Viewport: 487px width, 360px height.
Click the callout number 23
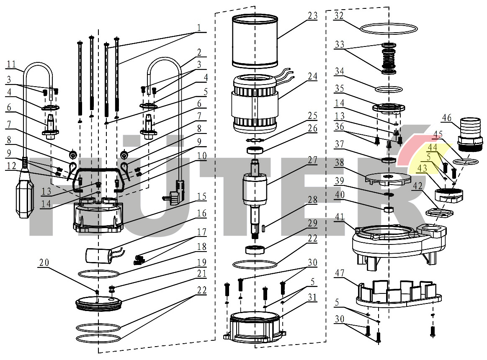click(313, 15)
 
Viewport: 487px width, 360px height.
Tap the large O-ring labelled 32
click(389, 28)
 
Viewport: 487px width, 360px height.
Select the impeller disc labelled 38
click(387, 178)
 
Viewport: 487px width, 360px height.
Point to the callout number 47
click(339, 273)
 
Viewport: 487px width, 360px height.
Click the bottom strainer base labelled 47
click(398, 293)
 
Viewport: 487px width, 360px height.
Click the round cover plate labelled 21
click(98, 302)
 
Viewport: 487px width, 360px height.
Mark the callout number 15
click(202, 196)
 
